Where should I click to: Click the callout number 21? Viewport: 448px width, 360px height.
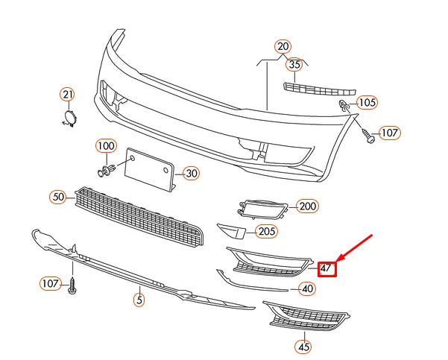coord(68,95)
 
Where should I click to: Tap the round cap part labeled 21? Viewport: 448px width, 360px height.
coord(69,118)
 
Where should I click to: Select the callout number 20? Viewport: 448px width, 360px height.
coord(282,46)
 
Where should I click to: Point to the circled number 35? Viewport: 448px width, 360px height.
coord(294,65)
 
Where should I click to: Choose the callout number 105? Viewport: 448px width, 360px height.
coord(367,102)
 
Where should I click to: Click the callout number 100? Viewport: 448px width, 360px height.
coord(106,145)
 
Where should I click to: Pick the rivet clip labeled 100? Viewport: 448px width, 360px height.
coord(106,171)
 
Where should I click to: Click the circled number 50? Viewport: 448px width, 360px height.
coord(58,197)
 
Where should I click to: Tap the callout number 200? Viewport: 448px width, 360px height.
coord(306,206)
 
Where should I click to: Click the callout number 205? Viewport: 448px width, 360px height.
coord(266,231)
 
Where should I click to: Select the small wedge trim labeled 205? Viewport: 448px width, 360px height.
coord(233,231)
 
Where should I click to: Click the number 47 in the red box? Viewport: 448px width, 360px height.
coord(326,268)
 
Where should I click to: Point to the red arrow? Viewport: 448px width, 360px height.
coord(354,249)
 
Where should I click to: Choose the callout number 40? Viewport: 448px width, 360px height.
coord(306,288)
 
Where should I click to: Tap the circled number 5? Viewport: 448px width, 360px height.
coord(139,300)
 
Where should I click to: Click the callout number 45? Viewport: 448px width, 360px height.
coord(303,347)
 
